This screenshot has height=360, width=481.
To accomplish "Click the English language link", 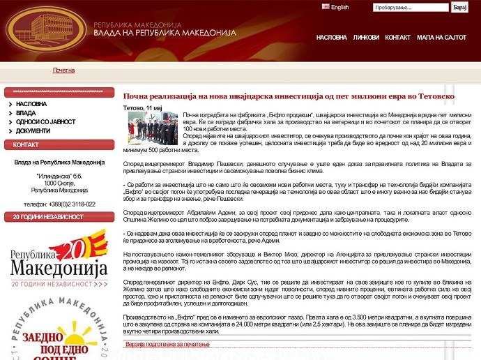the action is click(x=339, y=7).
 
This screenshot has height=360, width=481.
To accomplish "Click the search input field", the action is click(x=411, y=7).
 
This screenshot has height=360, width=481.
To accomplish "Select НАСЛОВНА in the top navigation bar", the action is click(x=331, y=38).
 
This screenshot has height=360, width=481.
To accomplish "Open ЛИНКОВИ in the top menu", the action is click(x=366, y=38).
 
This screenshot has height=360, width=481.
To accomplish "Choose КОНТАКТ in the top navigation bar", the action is click(x=398, y=38).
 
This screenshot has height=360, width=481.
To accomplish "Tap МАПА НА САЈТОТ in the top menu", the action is click(x=441, y=38).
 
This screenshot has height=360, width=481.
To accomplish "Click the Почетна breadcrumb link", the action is click(x=63, y=70).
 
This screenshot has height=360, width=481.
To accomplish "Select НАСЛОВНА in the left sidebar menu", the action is click(x=31, y=103).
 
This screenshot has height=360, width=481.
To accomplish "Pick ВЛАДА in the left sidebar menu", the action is click(x=26, y=112).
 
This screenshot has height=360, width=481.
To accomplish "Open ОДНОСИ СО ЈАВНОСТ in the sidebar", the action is click(x=45, y=121).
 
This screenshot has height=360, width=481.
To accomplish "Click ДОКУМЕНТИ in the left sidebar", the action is click(x=33, y=130).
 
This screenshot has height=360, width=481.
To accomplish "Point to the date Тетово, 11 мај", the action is click(x=142, y=107).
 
